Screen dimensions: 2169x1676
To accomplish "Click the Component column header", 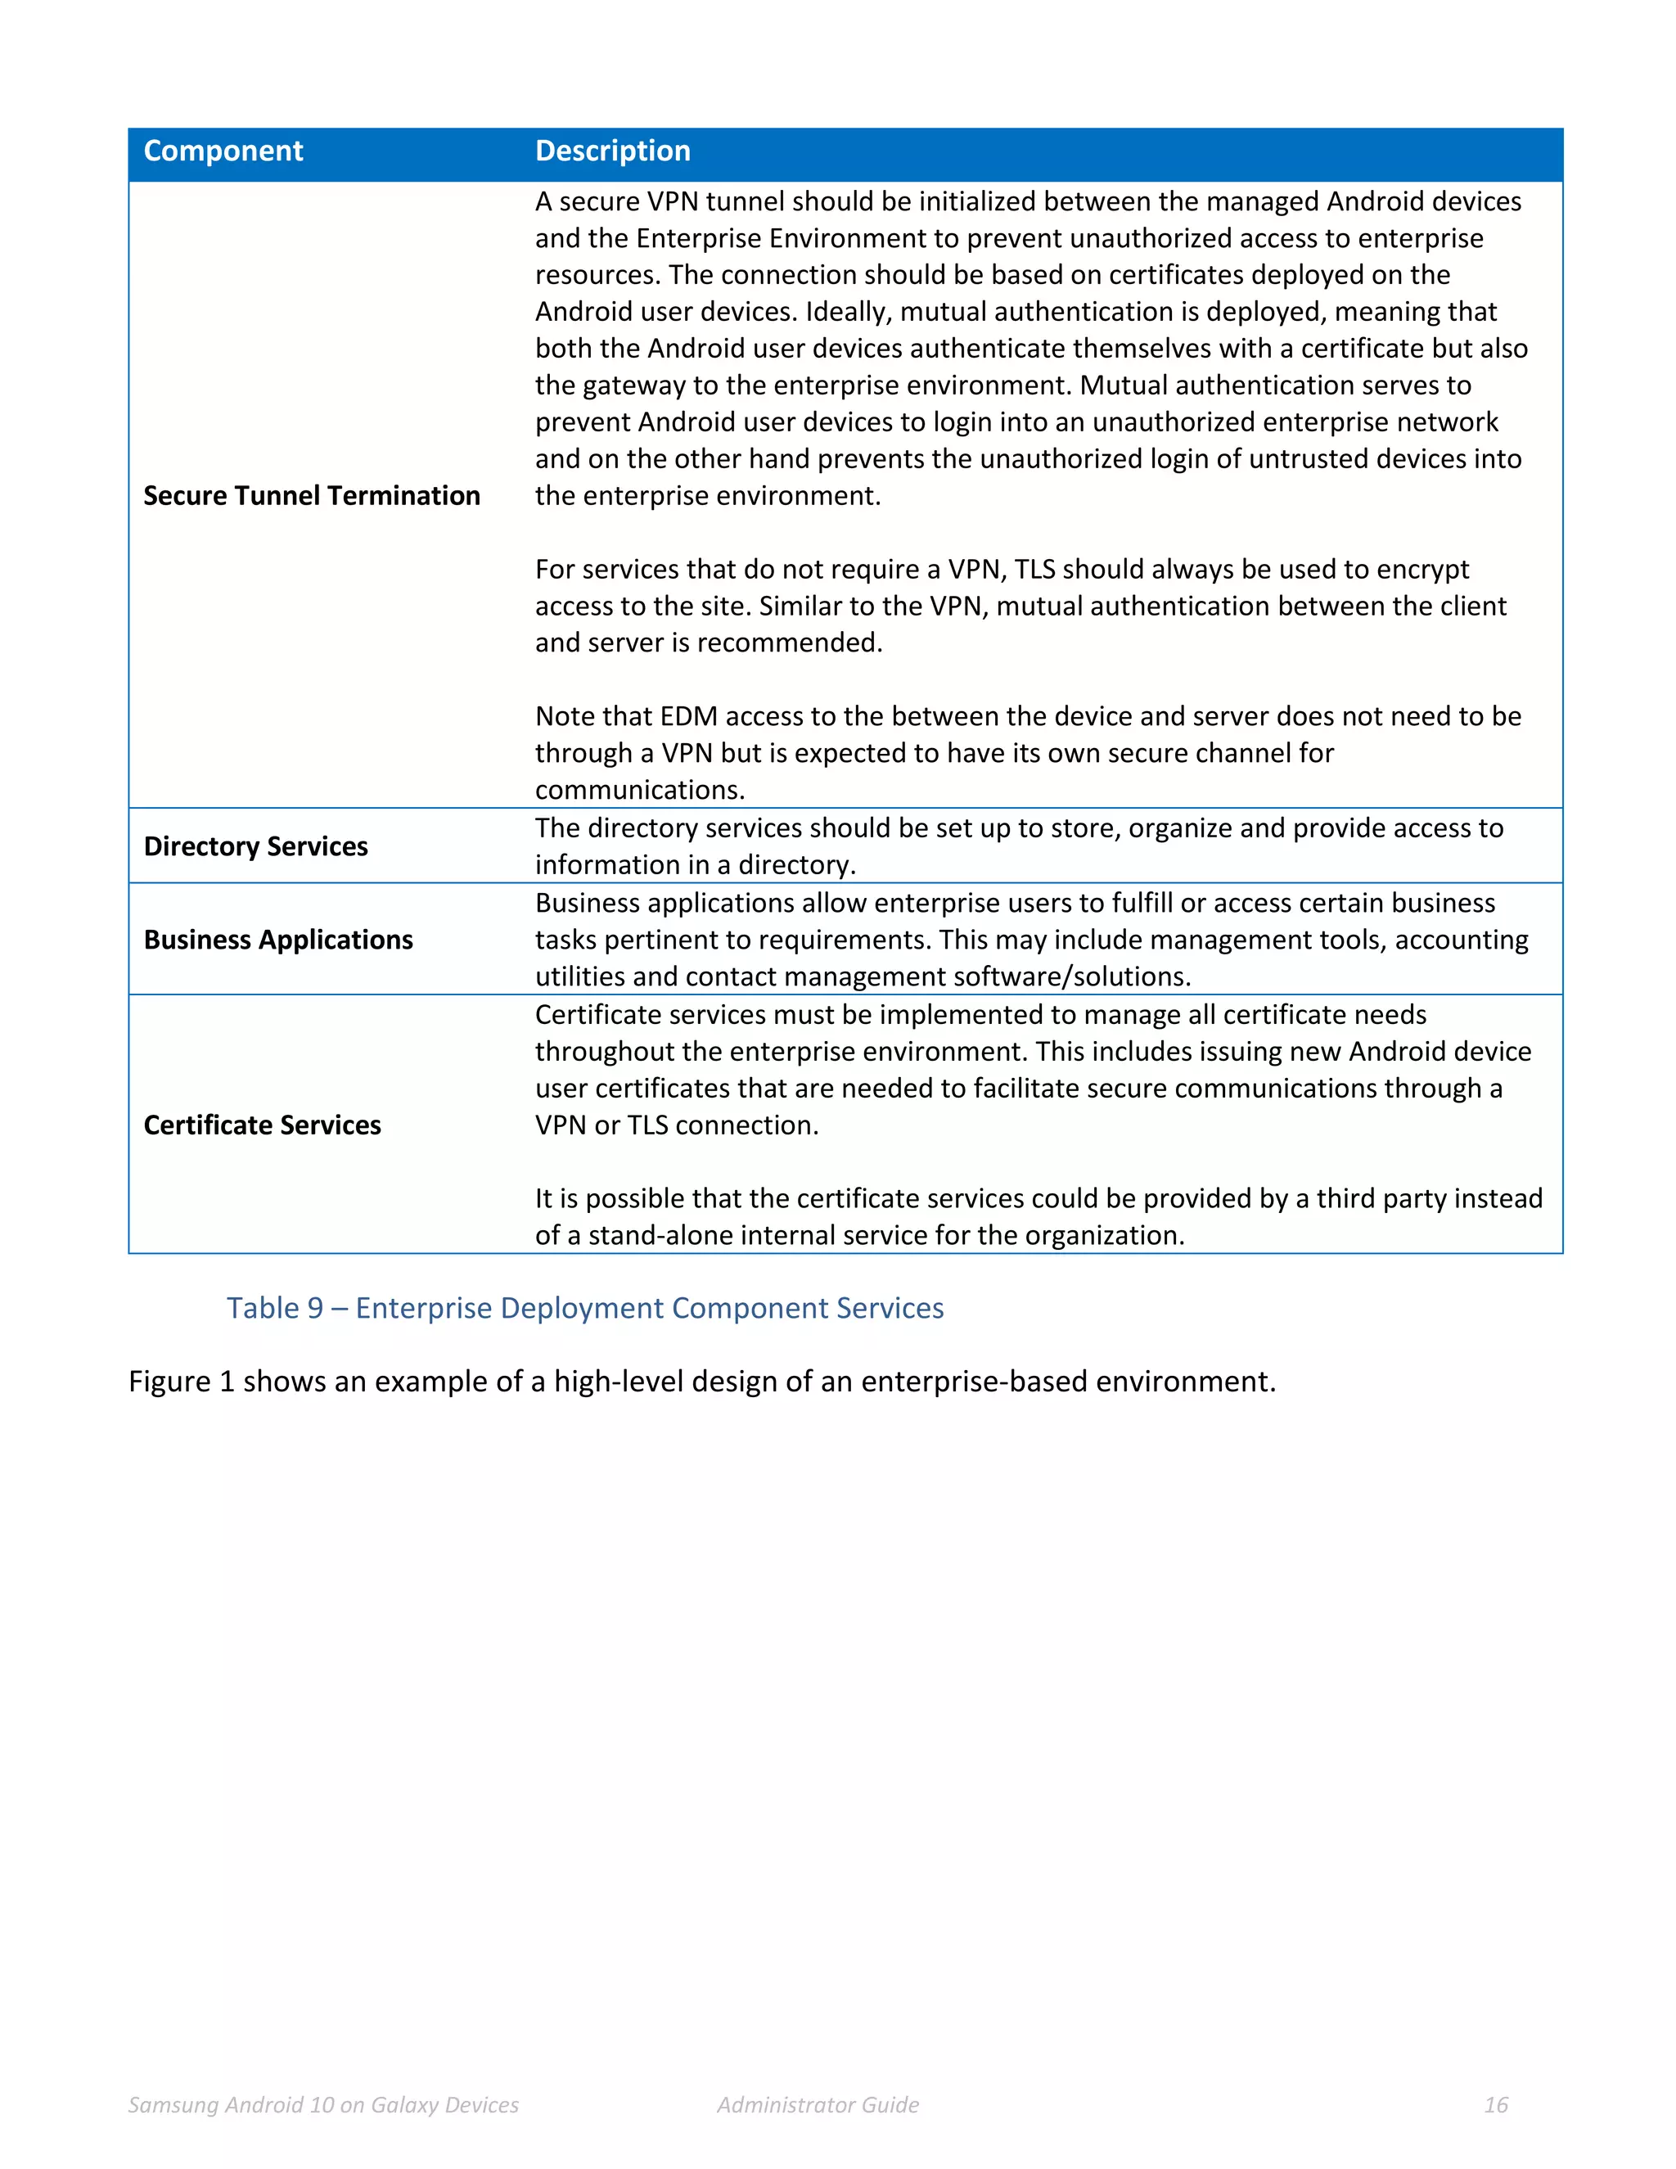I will [223, 151].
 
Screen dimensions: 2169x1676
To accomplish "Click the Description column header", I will [613, 151].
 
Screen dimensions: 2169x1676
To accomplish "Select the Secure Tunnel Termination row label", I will [312, 495].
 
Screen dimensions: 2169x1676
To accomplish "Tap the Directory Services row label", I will [255, 846].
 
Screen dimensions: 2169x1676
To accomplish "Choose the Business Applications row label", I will [278, 940].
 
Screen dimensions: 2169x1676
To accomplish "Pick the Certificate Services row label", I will [262, 1125].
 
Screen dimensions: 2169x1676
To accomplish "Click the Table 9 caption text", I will [585, 1308].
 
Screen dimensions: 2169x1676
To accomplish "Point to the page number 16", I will [1495, 2104].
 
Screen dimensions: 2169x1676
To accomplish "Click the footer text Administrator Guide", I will [818, 2104].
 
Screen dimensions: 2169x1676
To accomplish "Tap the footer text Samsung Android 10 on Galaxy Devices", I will [324, 2104].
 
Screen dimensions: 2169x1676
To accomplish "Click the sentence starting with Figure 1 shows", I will [701, 1382].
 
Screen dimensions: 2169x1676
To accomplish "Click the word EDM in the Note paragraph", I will [689, 716].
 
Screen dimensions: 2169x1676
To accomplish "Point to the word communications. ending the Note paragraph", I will [639, 791].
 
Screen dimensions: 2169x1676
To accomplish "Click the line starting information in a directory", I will [695, 865].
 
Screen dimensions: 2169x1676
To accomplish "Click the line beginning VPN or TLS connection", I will [676, 1125].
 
